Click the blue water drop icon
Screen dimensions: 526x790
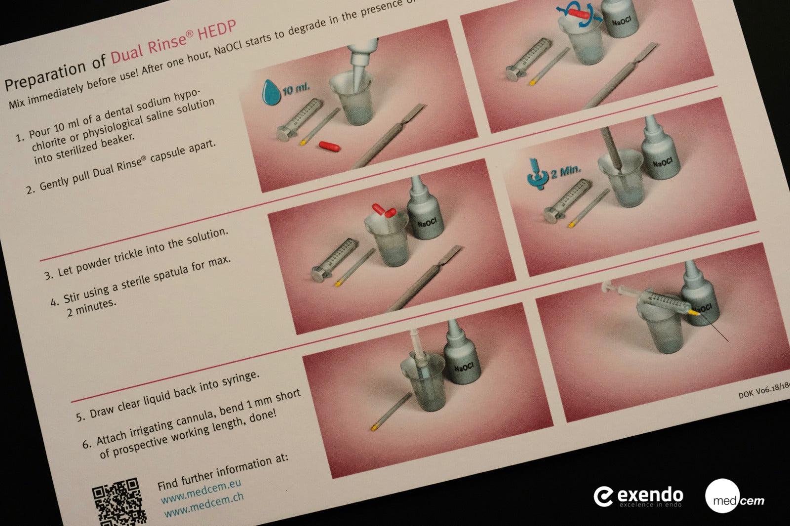[270, 89]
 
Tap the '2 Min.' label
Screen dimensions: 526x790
[566, 173]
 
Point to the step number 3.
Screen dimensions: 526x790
[49, 275]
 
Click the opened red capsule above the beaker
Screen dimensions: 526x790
[385, 211]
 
